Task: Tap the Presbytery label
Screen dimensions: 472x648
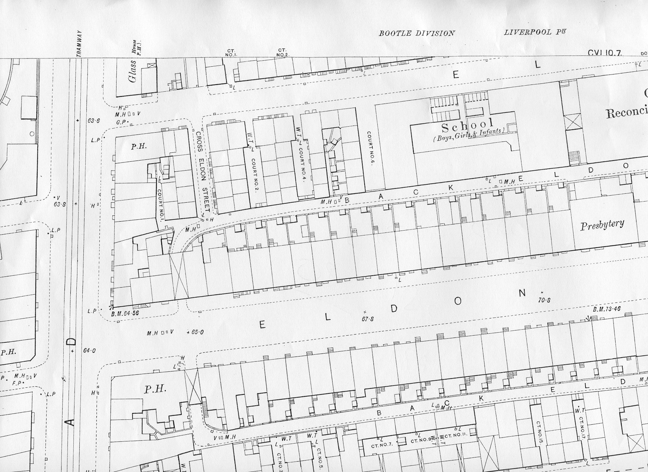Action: (x=602, y=225)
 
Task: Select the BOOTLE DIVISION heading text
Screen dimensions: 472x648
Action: (x=417, y=33)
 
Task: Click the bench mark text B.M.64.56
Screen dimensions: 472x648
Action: (x=125, y=314)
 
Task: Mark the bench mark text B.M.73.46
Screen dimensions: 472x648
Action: (x=607, y=309)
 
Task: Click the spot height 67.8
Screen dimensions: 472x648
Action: (x=368, y=319)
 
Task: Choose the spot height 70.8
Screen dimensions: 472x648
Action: (x=544, y=300)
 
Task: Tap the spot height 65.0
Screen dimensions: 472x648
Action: (x=197, y=332)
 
